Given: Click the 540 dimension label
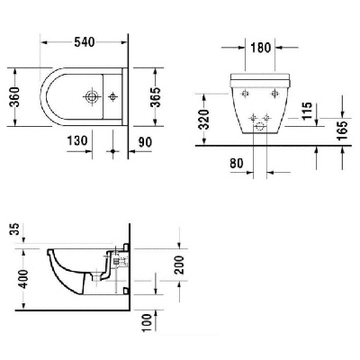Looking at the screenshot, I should (85, 42).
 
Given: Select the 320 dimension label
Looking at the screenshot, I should (205, 118).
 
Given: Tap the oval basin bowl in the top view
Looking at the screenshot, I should (67, 92).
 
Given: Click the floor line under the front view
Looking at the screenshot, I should (270, 144).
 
